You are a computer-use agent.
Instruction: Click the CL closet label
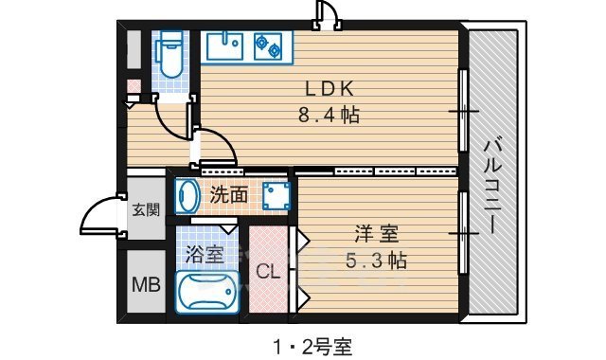[x=268, y=273]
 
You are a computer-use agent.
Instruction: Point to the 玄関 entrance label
[x=146, y=210]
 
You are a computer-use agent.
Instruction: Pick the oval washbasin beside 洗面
[x=188, y=197]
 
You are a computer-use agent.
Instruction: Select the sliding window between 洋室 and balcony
[x=463, y=232]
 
